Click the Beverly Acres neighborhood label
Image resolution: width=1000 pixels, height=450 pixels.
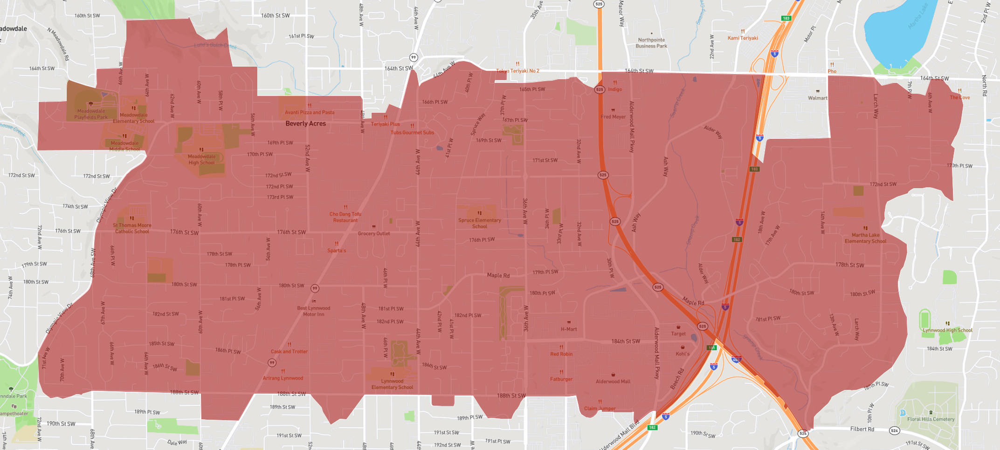[305, 123]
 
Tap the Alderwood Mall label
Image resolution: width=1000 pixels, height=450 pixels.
[613, 382]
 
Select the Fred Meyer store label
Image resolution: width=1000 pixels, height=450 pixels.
[613, 117]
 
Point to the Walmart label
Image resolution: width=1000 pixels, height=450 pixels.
[817, 98]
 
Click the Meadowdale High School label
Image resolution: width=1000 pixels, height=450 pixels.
[201, 159]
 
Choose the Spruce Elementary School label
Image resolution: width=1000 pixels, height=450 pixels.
[479, 223]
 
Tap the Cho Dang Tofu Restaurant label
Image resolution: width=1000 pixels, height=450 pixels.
[345, 217]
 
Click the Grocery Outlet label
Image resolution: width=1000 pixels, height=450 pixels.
[373, 233]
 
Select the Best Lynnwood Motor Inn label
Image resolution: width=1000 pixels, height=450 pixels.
[313, 311]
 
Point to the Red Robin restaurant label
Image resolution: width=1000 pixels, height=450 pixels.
[561, 354]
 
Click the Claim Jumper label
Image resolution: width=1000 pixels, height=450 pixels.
[600, 409]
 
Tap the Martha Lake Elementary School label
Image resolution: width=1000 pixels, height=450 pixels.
[865, 238]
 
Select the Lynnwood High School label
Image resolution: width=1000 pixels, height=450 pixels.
[947, 330]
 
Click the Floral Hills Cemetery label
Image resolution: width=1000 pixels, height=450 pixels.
[931, 419]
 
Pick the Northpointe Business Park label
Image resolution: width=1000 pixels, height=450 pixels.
[651, 43]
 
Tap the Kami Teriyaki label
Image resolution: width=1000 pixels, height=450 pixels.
[743, 38]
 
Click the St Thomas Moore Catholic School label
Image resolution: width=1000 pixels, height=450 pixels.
[132, 228]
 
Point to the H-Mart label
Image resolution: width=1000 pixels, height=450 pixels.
[568, 329]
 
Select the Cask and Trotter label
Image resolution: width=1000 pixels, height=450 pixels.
[289, 352]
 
